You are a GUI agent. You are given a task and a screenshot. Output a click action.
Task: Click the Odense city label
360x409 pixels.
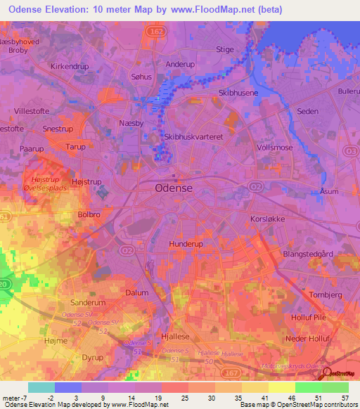pos(173,189)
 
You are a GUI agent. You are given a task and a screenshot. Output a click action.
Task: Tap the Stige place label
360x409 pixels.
pos(225,49)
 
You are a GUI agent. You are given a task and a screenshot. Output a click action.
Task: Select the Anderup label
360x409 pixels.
pos(179,64)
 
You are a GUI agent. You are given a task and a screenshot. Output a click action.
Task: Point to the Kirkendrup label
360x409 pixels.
pos(70,66)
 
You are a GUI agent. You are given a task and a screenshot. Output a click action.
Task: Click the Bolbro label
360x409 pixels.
pos(92,214)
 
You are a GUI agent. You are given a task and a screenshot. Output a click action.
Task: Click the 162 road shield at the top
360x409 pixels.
pos(155,32)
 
